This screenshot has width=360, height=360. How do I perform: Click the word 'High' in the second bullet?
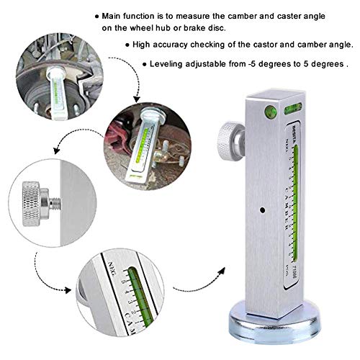pyautogui.click(x=144, y=45)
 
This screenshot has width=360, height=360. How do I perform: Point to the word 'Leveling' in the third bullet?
pyautogui.click(x=168, y=63)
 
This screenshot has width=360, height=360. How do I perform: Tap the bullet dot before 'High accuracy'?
pyautogui.click(x=127, y=45)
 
